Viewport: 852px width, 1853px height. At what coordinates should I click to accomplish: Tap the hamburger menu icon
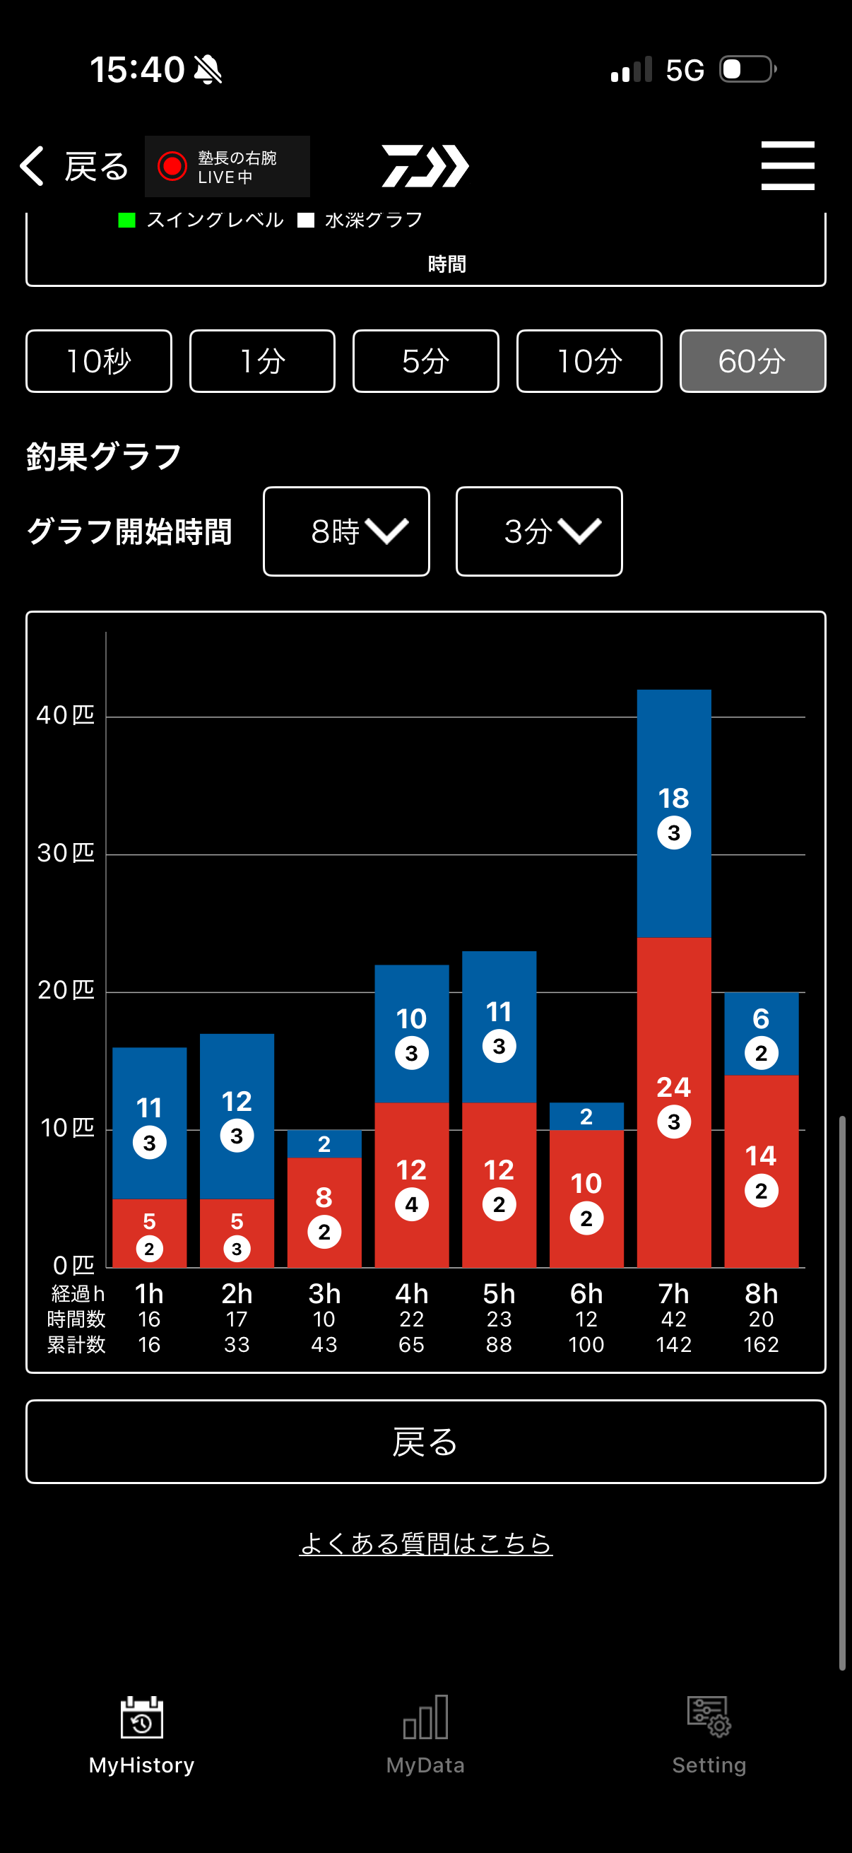tap(787, 165)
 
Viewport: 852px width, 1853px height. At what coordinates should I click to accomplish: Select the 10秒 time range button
tap(98, 361)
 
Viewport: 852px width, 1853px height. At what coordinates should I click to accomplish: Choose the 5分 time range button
tap(425, 361)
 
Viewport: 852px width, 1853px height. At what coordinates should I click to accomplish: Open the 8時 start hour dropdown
tap(346, 531)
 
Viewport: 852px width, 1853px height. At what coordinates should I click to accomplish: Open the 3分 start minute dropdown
tap(538, 531)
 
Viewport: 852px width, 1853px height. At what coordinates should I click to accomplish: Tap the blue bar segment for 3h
tap(324, 1143)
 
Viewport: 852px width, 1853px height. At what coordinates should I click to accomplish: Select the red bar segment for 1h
tap(150, 1233)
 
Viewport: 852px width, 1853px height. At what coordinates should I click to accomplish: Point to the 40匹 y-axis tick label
tap(66, 715)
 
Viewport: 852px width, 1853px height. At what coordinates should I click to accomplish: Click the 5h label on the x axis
tap(499, 1294)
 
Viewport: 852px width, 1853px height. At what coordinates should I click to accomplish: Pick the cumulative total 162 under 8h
tap(761, 1344)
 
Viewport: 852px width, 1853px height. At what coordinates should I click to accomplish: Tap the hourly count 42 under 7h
tap(674, 1319)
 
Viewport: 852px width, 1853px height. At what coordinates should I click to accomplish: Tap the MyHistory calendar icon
tap(141, 1718)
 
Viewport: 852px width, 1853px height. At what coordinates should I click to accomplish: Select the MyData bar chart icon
tap(425, 1718)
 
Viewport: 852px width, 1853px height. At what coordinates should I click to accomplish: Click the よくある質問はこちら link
tap(425, 1543)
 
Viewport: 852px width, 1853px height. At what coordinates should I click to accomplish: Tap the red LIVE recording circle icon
tap(172, 166)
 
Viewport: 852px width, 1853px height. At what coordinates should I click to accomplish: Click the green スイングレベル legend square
tap(126, 220)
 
